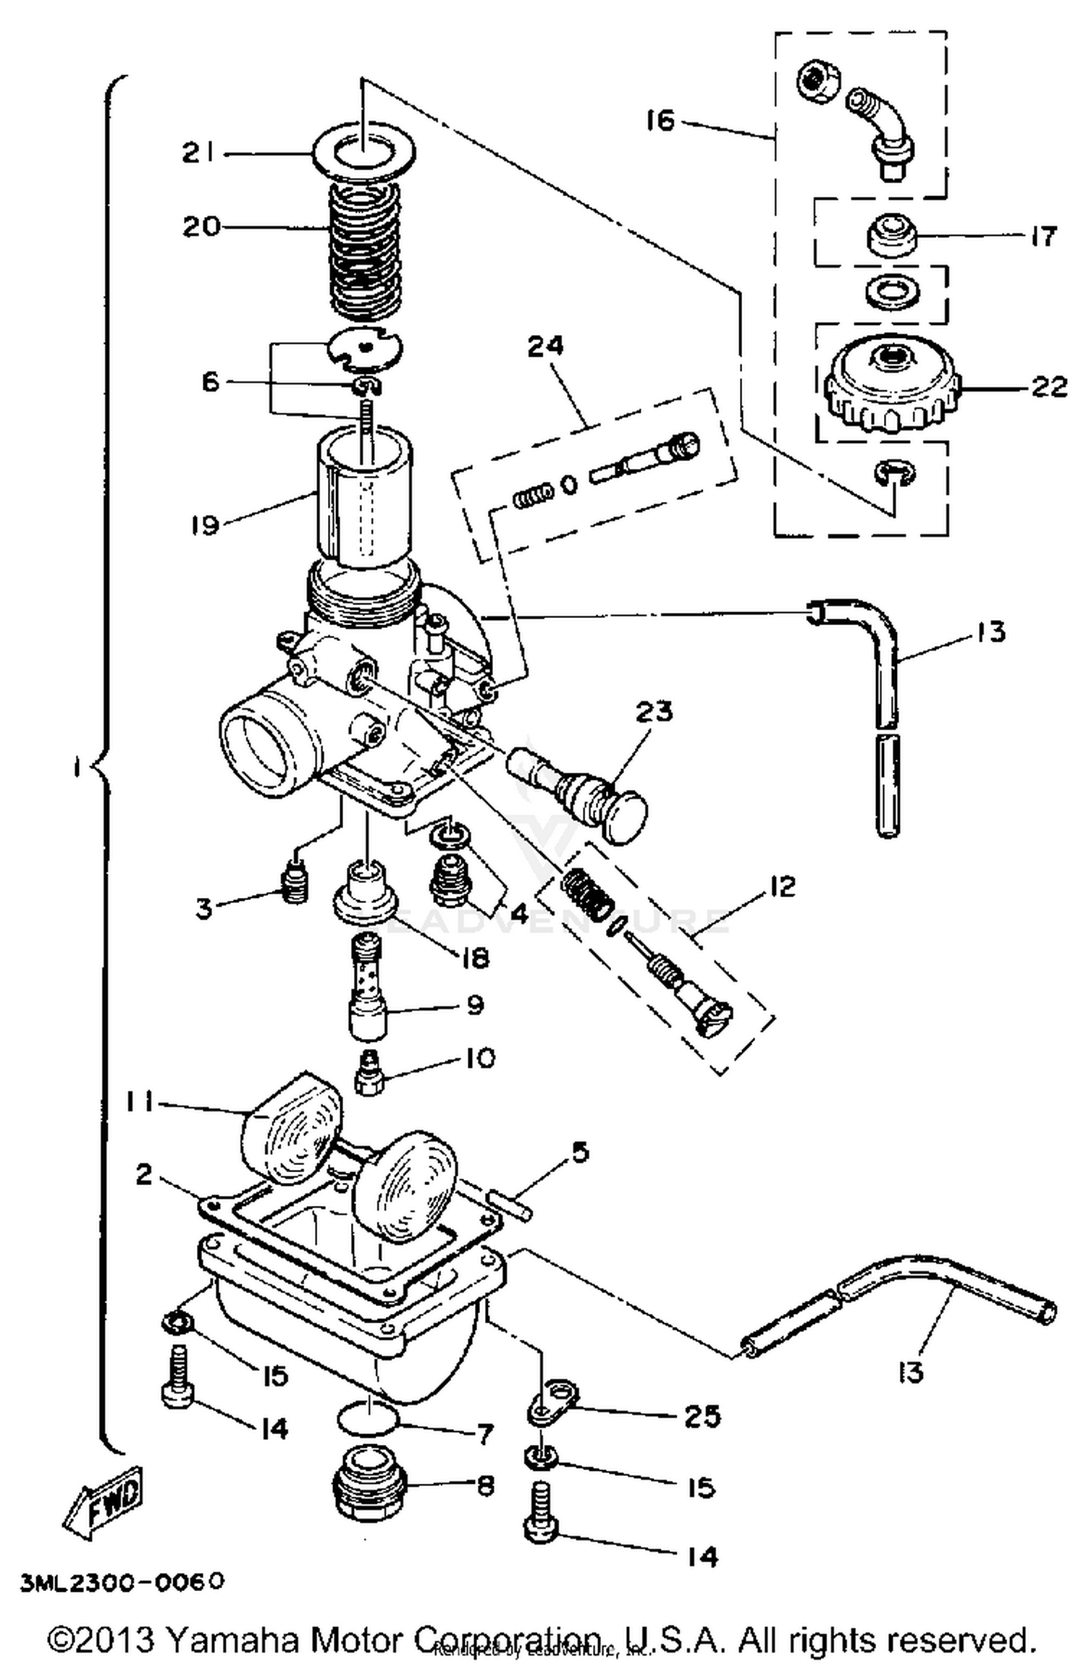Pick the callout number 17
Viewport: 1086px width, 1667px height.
(1043, 236)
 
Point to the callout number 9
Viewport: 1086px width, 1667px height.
(475, 1005)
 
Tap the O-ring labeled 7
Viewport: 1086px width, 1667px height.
(367, 1419)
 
